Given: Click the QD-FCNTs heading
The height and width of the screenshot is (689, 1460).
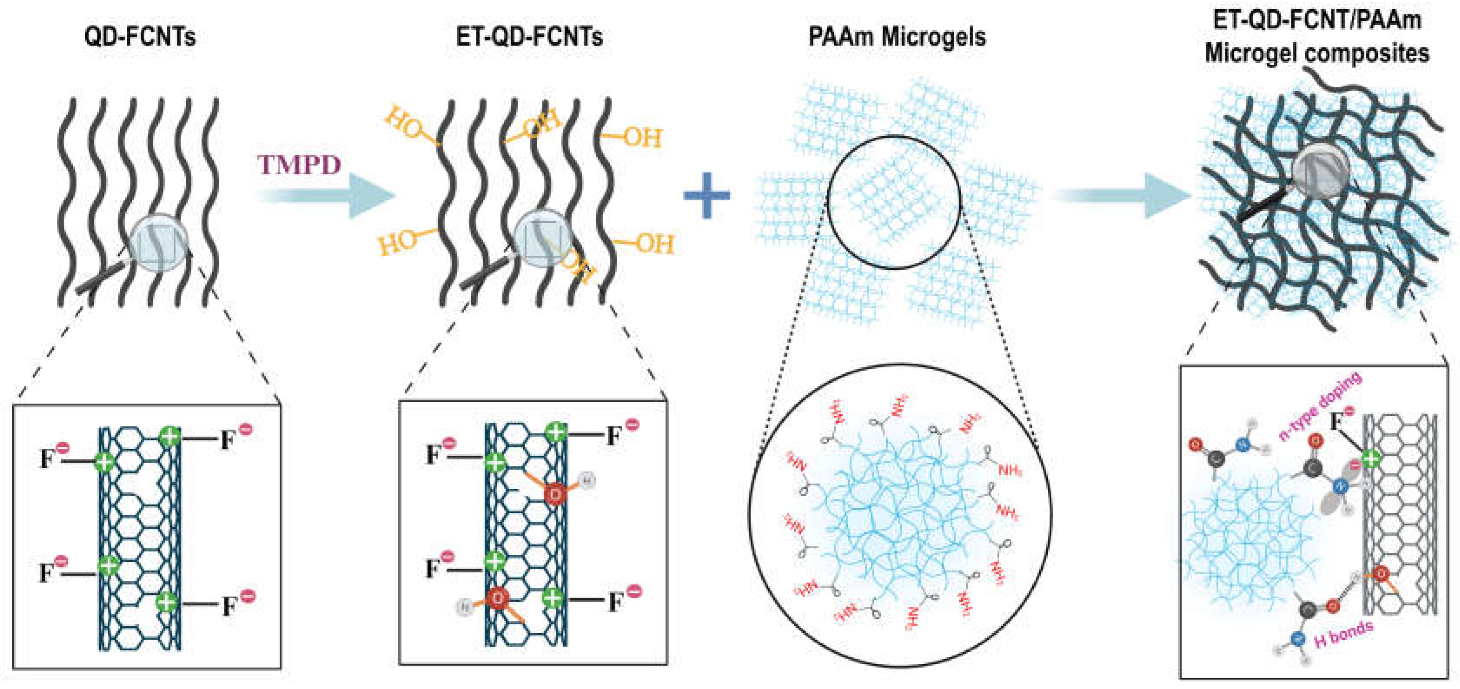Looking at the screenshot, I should [x=140, y=37].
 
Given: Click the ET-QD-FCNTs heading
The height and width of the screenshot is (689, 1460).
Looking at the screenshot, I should [x=529, y=37].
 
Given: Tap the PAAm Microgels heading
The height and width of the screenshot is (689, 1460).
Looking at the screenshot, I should [x=897, y=37].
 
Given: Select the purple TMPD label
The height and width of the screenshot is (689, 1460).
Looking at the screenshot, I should [x=299, y=165].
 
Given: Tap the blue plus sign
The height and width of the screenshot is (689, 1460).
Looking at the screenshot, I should [x=706, y=195].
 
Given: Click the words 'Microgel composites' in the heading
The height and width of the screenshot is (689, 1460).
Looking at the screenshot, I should [x=1317, y=54].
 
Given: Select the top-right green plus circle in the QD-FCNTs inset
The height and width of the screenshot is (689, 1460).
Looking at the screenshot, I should [x=169, y=436].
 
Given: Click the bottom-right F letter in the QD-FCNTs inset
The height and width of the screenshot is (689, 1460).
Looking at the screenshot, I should [x=228, y=606].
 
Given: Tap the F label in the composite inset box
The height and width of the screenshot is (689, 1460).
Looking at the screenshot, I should [x=1336, y=422].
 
